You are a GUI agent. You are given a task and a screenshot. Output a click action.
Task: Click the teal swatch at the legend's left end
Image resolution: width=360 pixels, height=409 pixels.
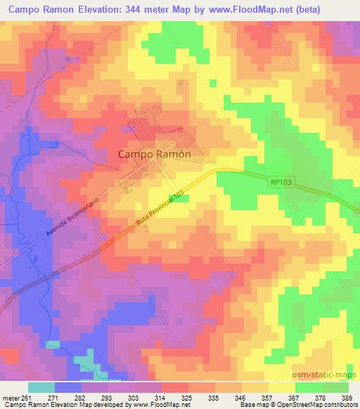41,387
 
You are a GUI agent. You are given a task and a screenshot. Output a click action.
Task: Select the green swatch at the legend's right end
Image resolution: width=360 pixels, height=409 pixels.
335,387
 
